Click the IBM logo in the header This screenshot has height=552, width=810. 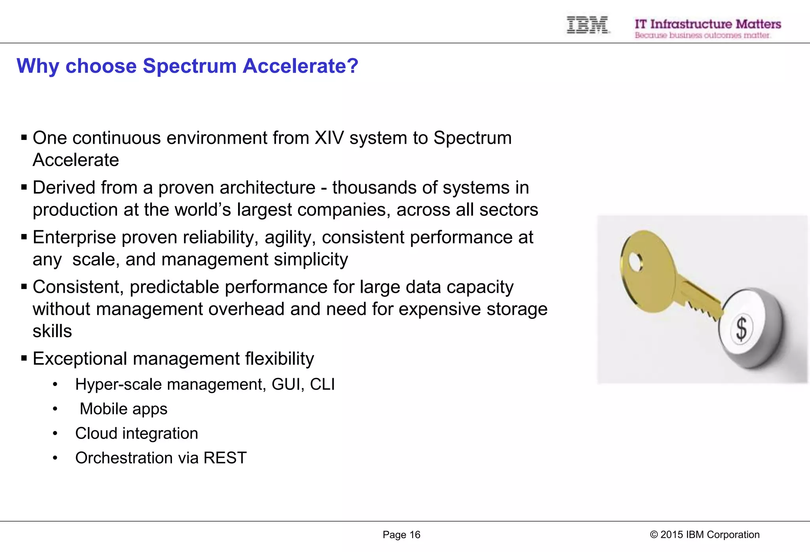tap(587, 25)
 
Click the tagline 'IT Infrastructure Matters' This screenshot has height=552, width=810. tap(708, 24)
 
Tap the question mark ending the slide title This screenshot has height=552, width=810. tap(352, 66)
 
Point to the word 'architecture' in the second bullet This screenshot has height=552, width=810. tap(267, 187)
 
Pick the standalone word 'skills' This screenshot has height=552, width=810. tap(52, 331)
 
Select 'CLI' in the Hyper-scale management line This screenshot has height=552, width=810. tap(322, 384)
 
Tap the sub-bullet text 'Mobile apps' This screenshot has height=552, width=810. tap(123, 409)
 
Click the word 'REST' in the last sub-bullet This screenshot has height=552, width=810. tap(225, 458)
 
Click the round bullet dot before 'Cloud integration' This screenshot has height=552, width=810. tap(55, 434)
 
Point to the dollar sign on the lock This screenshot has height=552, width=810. tap(741, 329)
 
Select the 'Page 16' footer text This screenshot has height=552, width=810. tap(401, 535)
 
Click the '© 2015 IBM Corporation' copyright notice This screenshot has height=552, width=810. tap(704, 535)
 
